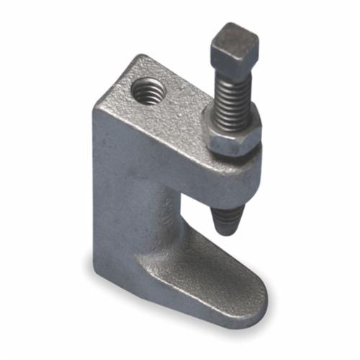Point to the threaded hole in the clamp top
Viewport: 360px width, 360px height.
(149, 92)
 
